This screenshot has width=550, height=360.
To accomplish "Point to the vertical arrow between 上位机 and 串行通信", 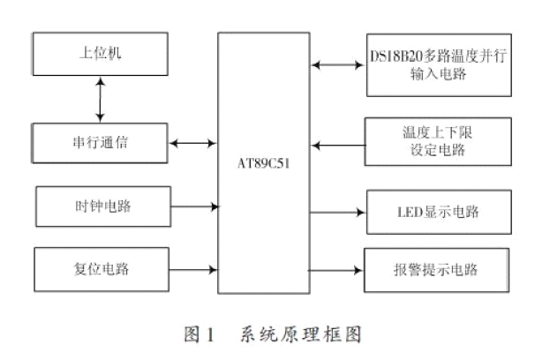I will point(101,99).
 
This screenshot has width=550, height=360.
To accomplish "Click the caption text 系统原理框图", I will point(300,334).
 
